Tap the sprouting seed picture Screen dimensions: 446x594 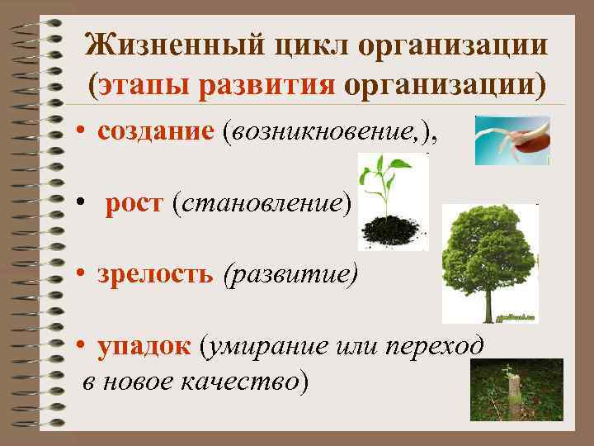(x=511, y=140)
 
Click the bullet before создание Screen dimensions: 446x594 (x=84, y=133)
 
